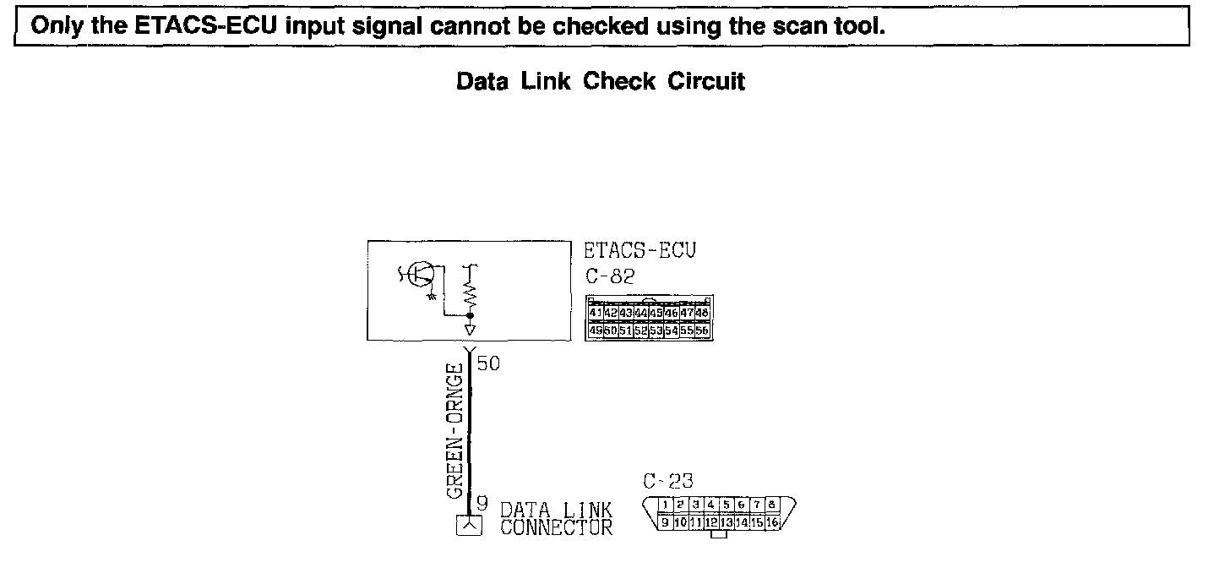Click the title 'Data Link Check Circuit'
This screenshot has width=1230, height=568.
[601, 82]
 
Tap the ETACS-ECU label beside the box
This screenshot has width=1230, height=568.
[640, 251]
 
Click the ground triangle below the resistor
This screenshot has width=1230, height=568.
[470, 328]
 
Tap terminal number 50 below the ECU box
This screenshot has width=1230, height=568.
[488, 364]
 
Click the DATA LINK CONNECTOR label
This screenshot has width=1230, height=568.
[556, 519]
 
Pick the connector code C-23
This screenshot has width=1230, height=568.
[667, 482]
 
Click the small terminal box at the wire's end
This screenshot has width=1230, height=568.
[469, 525]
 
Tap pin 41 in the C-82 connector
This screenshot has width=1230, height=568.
[595, 314]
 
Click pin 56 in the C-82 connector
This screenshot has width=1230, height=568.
[702, 330]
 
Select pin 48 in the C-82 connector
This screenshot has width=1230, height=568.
[702, 314]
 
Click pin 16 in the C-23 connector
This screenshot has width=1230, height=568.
[772, 523]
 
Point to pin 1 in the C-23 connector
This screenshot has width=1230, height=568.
[667, 505]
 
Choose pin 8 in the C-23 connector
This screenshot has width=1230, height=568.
[770, 505]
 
